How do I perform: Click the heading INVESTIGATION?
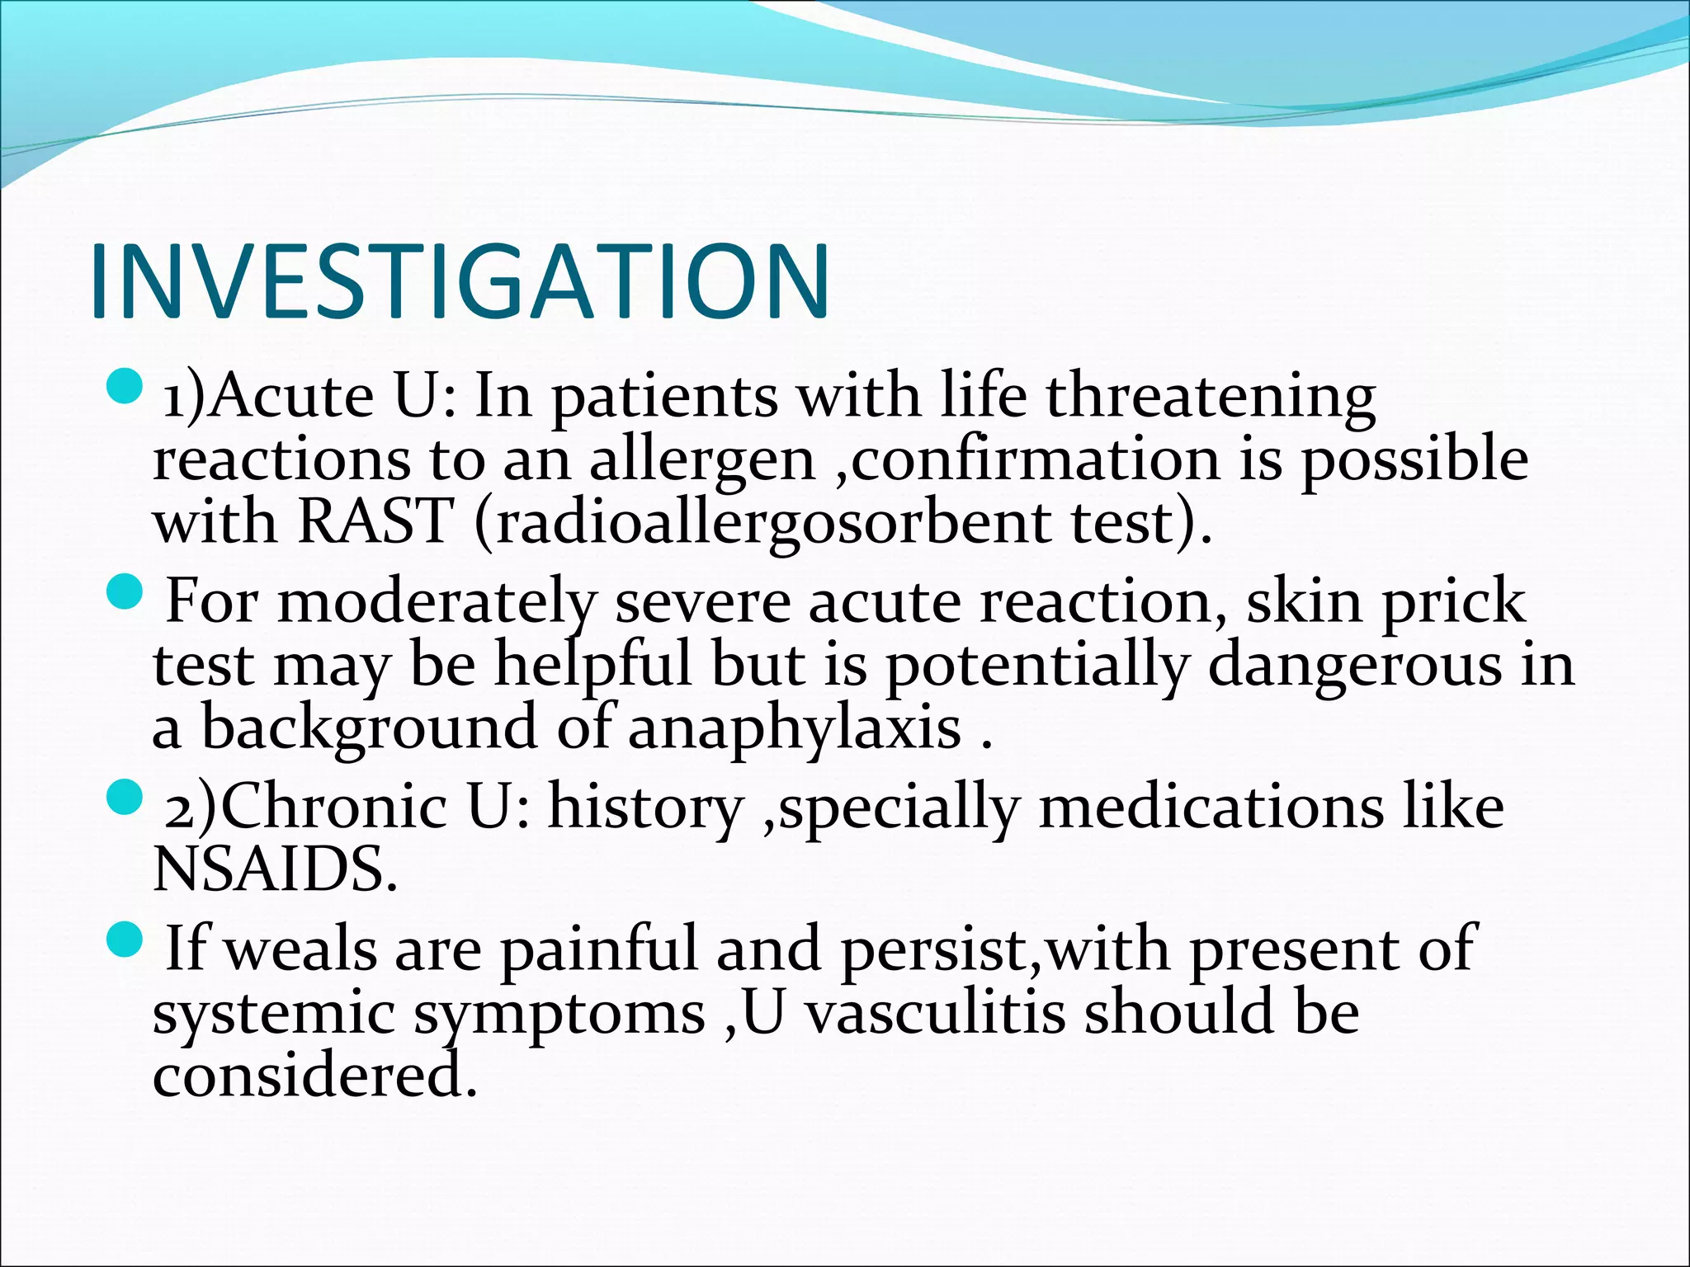[x=460, y=281]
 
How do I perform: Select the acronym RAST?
[x=375, y=521]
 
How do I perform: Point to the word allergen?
[x=701, y=460]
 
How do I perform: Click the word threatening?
[x=1211, y=397]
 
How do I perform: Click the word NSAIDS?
[x=275, y=869]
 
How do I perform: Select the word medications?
[x=1211, y=806]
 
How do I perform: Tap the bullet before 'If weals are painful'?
[x=125, y=940]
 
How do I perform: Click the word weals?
[x=300, y=949]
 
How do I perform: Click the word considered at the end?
[x=314, y=1076]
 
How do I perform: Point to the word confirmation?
[x=1035, y=459]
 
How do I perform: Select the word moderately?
[x=436, y=603]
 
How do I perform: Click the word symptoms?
[x=559, y=1014]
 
